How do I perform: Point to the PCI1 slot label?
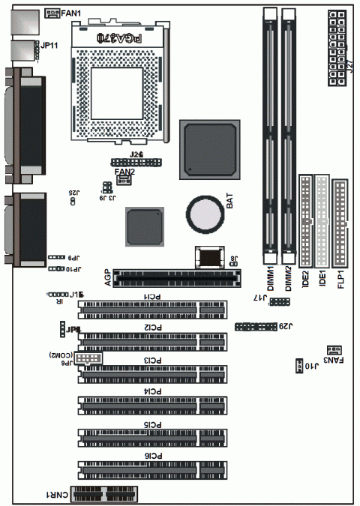tap(152, 297)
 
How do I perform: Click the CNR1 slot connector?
tap(104, 494)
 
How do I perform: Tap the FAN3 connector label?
tap(332, 361)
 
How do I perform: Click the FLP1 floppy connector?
tap(340, 223)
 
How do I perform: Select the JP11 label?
tap(52, 45)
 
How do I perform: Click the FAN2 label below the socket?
tap(124, 172)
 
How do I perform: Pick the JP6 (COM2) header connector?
tap(89, 361)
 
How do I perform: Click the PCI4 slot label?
tap(152, 391)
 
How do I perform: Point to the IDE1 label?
tap(322, 280)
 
